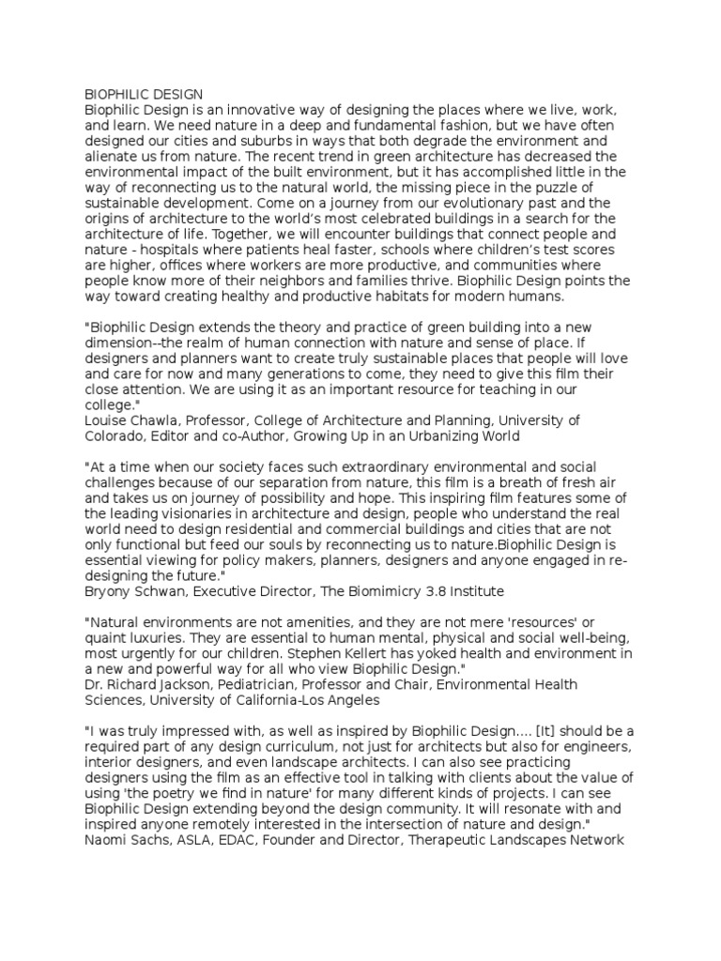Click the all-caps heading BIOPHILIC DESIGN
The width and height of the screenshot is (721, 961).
point(144,95)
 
